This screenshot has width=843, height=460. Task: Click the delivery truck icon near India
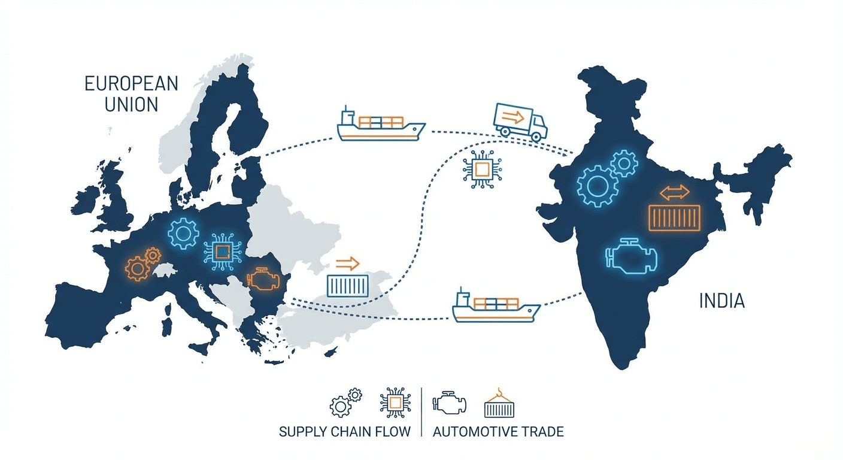coord(520,122)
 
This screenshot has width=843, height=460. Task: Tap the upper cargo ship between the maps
coord(381,125)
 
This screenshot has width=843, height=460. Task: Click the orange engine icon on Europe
coord(263,280)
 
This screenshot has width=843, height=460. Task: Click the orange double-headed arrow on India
coord(674,193)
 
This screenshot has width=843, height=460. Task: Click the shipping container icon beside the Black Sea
coord(348,285)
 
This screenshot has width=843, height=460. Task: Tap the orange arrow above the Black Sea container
coord(347,262)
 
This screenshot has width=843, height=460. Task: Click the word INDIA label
coord(721,301)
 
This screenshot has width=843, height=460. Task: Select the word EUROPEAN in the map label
coord(131,83)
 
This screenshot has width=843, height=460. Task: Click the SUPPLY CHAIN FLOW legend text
coord(345,432)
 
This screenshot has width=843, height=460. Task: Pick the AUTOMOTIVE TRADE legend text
coord(498,432)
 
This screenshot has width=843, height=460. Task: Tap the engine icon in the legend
coord(449,402)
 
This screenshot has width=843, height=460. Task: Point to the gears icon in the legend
coord(345,402)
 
